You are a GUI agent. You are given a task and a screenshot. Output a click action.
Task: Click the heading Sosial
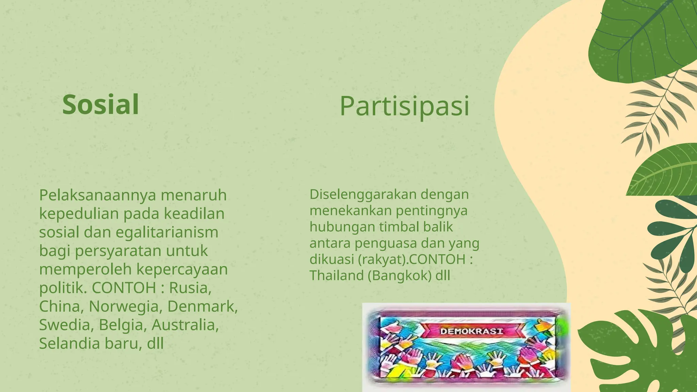pos(101,105)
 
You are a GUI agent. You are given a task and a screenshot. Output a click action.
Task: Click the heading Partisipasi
pos(404,106)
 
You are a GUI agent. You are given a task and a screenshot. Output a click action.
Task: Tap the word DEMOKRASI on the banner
pos(471,331)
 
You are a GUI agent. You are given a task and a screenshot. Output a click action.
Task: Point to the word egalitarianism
pos(167,232)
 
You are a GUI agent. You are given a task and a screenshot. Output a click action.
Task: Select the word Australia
pos(185,325)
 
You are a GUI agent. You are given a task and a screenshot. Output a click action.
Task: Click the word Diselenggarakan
pos(362,194)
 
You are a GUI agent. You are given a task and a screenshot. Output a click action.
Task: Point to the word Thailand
pos(337,275)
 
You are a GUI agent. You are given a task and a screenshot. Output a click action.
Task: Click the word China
pos(59,306)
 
